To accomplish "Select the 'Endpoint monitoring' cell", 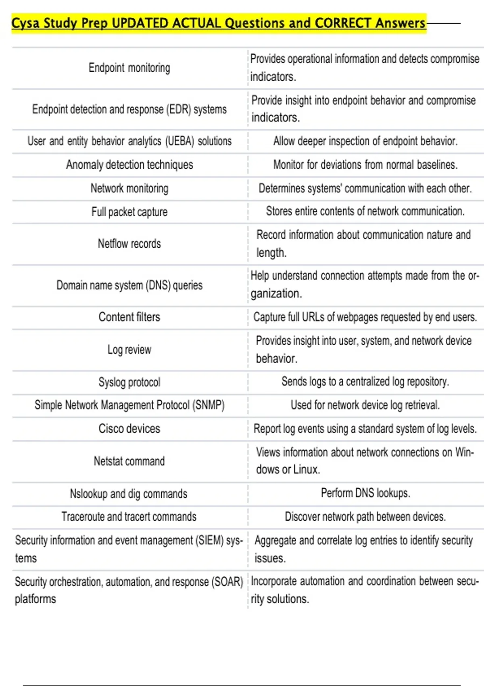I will [129, 68].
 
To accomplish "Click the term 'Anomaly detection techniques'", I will [129, 165].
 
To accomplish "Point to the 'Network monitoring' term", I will [129, 188].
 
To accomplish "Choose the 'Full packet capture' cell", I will [129, 212].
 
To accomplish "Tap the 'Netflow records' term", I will [129, 244].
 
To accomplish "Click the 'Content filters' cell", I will [129, 317].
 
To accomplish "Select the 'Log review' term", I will [129, 349].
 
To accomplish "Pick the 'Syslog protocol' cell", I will [129, 382].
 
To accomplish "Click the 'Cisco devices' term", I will [129, 429].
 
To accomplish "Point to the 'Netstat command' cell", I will [129, 461].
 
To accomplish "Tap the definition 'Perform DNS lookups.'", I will [365, 493].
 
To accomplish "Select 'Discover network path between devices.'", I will [365, 517].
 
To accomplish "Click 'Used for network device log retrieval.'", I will [365, 405].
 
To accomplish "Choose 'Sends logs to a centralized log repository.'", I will [365, 381].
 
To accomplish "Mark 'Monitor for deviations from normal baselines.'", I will [365, 165].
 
